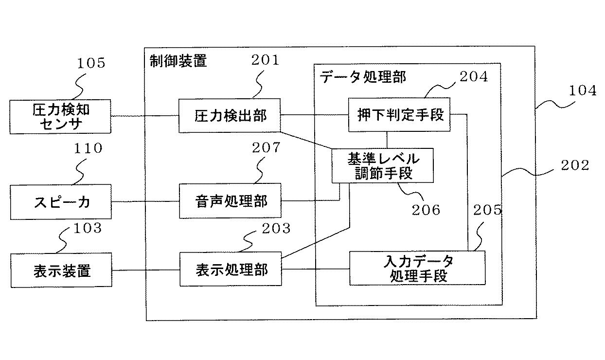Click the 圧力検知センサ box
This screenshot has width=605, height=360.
coord(60,117)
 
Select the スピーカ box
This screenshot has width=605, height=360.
coord(60,201)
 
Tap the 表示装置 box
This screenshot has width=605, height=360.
coord(60,270)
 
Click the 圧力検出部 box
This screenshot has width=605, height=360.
coord(230,116)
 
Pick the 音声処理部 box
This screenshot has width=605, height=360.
coord(230,200)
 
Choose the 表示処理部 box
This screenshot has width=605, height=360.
coord(230,269)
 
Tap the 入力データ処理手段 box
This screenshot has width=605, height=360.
coord(417,268)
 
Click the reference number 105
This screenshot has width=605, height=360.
coord(91,64)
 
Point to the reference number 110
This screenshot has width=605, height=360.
coord(89,148)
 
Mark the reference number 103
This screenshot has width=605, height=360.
coord(88,228)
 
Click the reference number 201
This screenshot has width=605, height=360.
coord(265,60)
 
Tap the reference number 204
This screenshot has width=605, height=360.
coord(474,76)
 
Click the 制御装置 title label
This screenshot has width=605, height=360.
coord(178,61)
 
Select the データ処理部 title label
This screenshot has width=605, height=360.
coord(363,77)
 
